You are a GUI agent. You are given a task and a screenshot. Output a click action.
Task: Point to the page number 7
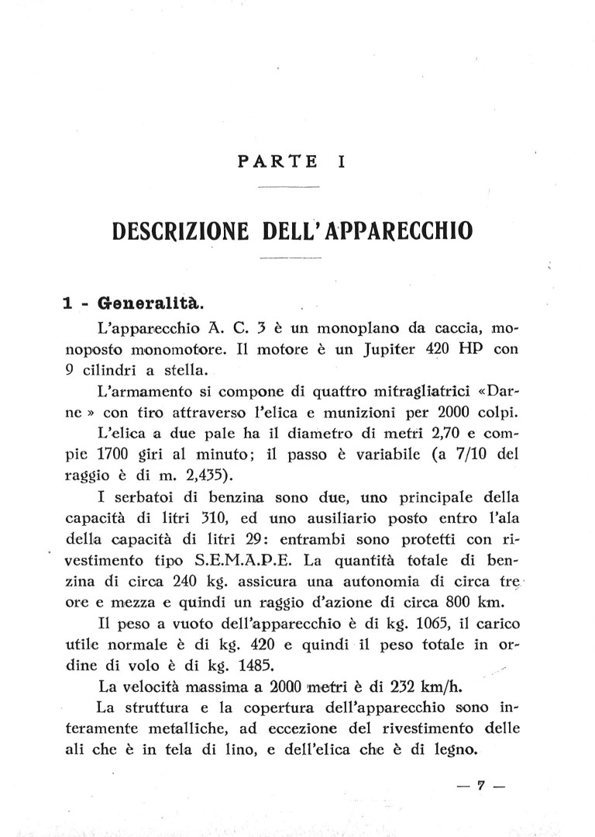(481, 785)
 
